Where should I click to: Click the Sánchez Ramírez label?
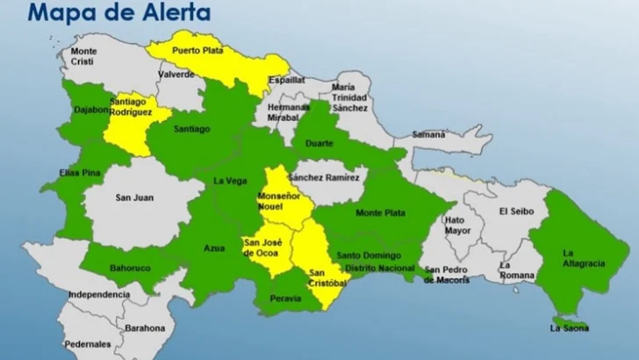pos(324,176)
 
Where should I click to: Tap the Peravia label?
pos(285,299)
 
